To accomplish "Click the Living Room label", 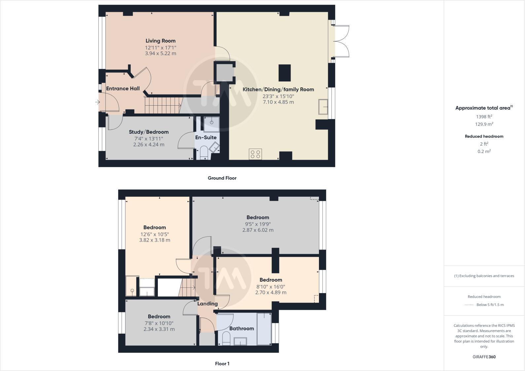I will point(160,41).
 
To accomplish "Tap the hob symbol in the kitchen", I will point(255,154).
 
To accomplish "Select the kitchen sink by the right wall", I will point(323,107).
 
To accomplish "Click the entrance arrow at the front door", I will point(97,102).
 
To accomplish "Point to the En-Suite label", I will point(206,137).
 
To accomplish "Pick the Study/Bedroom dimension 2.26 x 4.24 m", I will point(149,145).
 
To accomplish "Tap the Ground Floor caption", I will point(222,178).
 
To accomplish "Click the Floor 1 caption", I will point(222,364).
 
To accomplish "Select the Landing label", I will point(207,304).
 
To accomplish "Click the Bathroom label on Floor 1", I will point(241,328).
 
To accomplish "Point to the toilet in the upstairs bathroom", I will point(226,339).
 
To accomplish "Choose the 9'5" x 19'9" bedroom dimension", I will point(258,224).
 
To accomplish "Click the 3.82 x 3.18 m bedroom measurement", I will point(155,240).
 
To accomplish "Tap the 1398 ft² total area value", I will point(484,117).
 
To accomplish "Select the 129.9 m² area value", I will point(484,124).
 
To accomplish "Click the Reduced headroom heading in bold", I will point(484,136).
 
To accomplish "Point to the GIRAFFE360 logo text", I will point(484,357).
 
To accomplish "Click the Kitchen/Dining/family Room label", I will point(278,89).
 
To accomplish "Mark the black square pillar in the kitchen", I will point(285,73).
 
